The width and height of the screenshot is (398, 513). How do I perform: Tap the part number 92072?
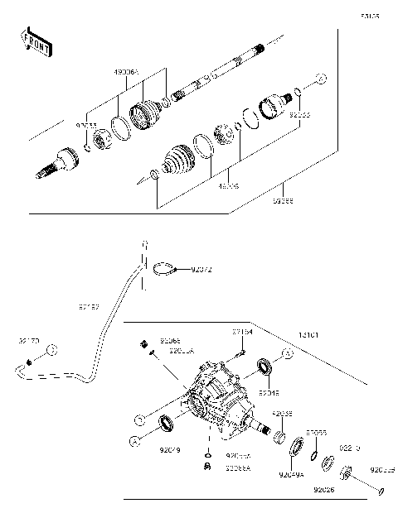click(x=201, y=269)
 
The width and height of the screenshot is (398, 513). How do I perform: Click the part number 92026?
click(x=324, y=489)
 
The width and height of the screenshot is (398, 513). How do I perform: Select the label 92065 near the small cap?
click(x=170, y=340)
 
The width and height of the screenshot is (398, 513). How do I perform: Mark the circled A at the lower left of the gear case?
click(x=132, y=443)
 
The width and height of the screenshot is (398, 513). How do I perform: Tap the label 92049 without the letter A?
click(x=168, y=450)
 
